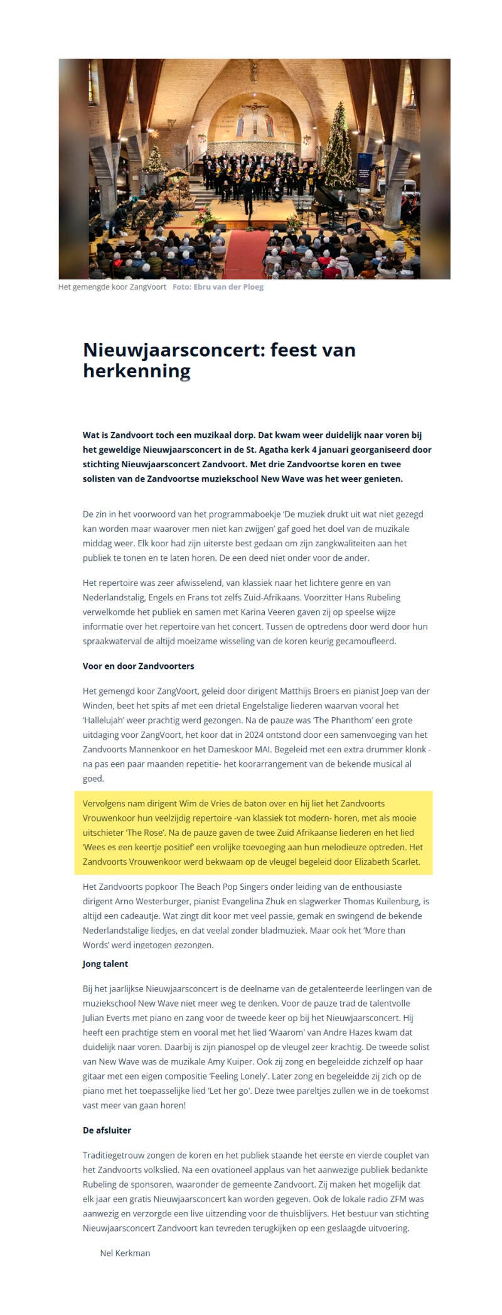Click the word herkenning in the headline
point(136,371)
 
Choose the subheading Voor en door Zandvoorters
point(138,666)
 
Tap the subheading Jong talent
point(105,964)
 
